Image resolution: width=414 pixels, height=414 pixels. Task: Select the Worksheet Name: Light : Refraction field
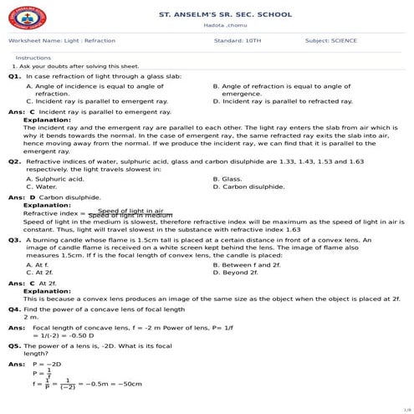[x=62, y=40]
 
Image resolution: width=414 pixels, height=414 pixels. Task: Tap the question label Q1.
[x=14, y=76]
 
